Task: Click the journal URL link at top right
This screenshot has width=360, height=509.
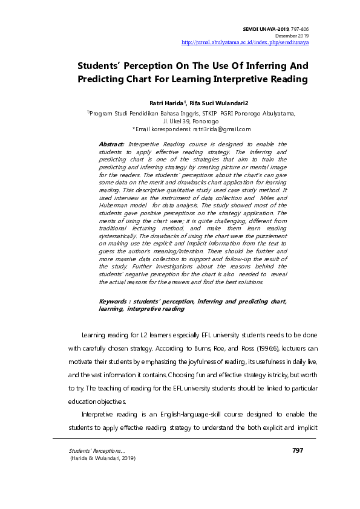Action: [x=246, y=43]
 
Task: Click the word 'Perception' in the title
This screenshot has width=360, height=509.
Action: [x=151, y=65]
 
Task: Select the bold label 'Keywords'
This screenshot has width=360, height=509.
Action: [x=114, y=301]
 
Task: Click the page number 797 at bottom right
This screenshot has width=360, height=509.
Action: [x=297, y=450]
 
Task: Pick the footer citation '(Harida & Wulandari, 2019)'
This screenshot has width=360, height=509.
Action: [x=103, y=459]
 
